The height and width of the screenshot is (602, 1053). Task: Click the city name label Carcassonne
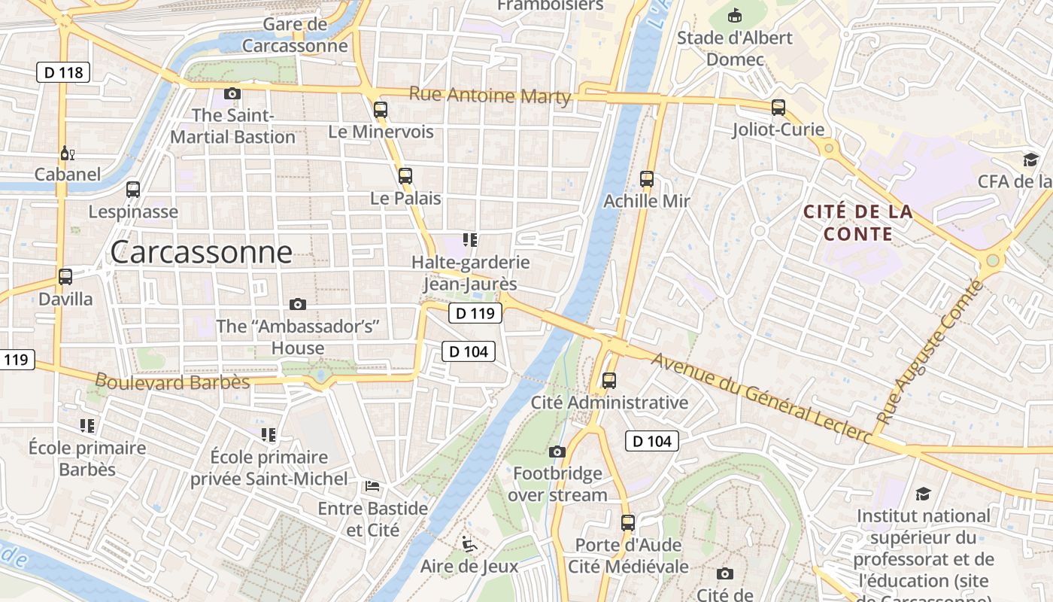(x=201, y=252)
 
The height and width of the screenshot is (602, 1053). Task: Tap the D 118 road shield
(x=63, y=72)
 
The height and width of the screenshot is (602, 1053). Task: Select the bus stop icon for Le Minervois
(x=381, y=110)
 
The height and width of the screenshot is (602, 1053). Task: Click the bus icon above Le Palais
(x=405, y=176)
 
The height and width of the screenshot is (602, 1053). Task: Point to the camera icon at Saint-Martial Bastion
(x=232, y=93)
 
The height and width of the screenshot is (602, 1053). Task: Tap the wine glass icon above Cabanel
(x=67, y=154)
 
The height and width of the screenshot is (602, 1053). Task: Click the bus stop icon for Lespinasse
(x=133, y=190)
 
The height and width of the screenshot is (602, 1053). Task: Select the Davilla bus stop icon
(x=65, y=277)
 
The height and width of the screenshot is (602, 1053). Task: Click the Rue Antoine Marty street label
(x=490, y=96)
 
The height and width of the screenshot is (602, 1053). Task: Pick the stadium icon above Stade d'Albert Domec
(x=735, y=15)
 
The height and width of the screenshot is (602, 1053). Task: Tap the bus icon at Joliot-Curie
(x=778, y=108)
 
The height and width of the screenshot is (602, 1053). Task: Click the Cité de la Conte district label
(x=858, y=223)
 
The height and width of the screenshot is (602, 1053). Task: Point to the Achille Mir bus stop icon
(x=647, y=179)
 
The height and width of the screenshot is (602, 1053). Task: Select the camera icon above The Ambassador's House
(x=298, y=304)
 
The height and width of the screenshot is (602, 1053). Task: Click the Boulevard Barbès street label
(x=172, y=382)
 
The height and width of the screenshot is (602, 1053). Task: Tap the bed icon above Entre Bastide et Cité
(x=372, y=486)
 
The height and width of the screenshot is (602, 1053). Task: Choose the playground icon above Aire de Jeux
(x=469, y=543)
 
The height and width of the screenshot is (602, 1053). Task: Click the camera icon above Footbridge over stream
(x=557, y=451)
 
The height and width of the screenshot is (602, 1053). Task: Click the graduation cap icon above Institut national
(x=923, y=494)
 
